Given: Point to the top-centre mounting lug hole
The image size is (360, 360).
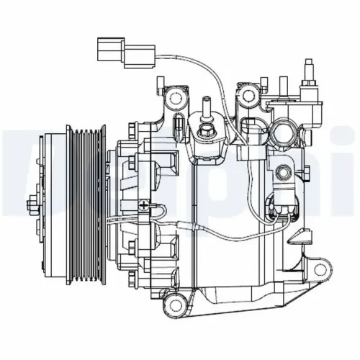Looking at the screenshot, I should (250, 94).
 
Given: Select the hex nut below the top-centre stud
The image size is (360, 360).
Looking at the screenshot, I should (205, 131).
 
